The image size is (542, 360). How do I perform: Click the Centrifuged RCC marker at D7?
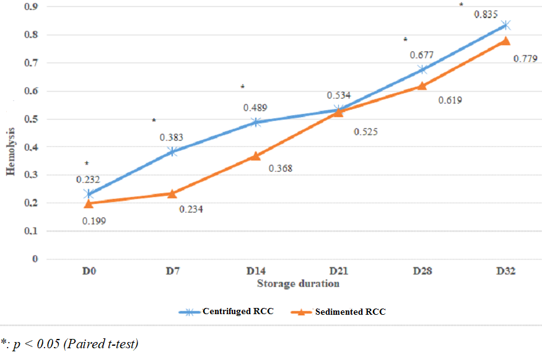click(x=172, y=151)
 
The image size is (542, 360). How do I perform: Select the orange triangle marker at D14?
click(x=255, y=156)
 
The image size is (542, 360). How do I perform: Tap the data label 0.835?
click(x=485, y=14)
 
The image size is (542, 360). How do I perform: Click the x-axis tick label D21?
click(x=339, y=271)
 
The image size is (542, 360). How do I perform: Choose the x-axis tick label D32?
click(x=505, y=271)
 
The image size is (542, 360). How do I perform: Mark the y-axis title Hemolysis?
click(x=11, y=150)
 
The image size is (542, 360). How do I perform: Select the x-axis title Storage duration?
click(x=298, y=284)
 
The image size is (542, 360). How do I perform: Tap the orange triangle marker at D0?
click(x=89, y=203)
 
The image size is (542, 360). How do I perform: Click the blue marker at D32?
click(x=505, y=25)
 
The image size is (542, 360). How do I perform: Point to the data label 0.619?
click(x=450, y=100)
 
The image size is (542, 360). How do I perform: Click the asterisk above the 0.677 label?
click(x=405, y=40)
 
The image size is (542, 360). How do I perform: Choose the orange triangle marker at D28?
click(x=422, y=86)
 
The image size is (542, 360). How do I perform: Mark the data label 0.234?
click(x=191, y=209)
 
